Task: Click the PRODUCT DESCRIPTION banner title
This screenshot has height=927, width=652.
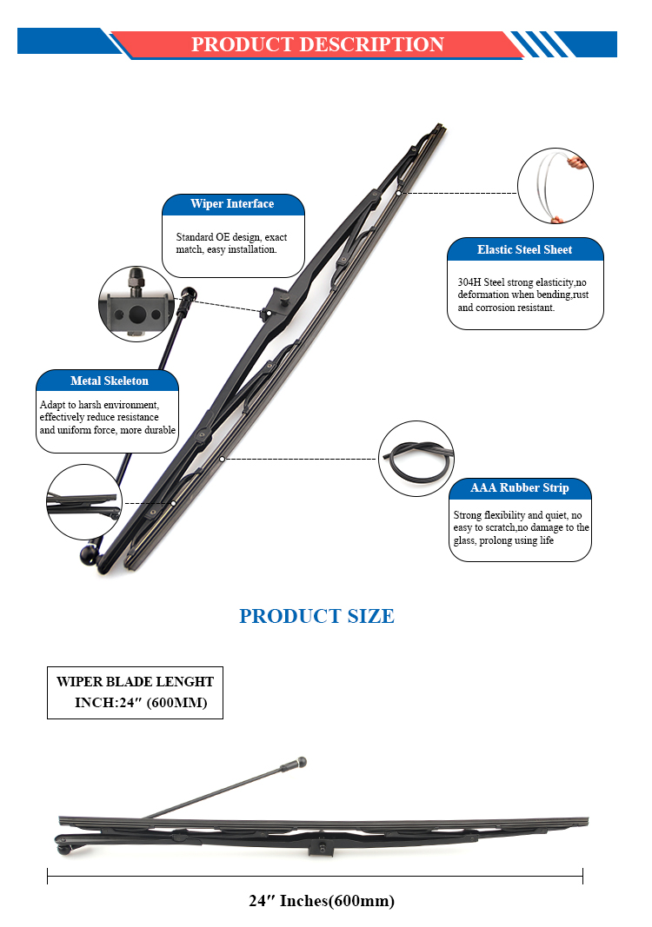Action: pos(317,44)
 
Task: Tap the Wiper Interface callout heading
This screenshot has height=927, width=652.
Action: pos(232,204)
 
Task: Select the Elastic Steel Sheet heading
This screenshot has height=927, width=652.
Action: pos(525,249)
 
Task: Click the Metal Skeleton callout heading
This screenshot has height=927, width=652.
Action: pos(110,381)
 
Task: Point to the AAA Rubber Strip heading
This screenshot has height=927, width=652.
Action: pos(520,487)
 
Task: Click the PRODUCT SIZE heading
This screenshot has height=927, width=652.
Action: pos(316,616)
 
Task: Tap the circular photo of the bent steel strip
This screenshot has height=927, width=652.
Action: pos(555,186)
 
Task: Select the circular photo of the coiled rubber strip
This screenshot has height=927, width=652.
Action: pos(416,459)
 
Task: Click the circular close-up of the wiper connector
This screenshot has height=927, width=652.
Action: pos(136,304)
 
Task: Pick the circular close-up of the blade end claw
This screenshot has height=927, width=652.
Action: pos(84,502)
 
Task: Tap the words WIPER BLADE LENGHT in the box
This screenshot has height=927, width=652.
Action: pos(135,682)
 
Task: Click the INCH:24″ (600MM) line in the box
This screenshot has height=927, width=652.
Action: pos(141,703)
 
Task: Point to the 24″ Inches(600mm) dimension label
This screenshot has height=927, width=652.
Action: pos(322,901)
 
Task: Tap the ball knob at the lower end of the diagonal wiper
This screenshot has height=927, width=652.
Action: pos(89,555)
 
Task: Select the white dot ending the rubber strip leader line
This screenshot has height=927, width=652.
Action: pos(222,459)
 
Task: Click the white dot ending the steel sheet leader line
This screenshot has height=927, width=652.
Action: pos(399,193)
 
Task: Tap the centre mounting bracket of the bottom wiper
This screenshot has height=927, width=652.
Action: pos(322,846)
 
